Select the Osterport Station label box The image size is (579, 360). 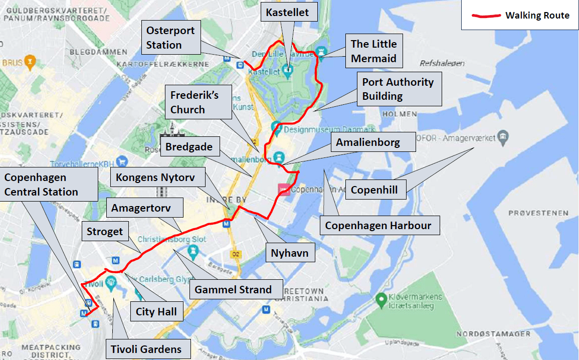[170, 38]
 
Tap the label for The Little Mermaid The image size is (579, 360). [373, 51]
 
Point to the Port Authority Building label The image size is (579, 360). [399, 89]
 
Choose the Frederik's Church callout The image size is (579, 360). [195, 102]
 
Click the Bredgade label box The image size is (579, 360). [189, 147]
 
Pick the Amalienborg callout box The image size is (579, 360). [368, 142]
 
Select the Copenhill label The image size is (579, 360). [374, 190]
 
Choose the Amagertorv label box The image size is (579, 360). [141, 207]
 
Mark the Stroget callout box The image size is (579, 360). [105, 232]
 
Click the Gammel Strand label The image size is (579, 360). [233, 289]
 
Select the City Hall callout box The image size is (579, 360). [156, 312]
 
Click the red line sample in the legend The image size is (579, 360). [486, 16]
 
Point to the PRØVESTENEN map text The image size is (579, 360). [538, 213]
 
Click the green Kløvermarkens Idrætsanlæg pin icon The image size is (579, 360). [381, 300]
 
